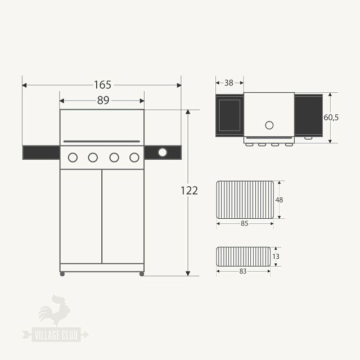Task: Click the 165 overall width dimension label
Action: (x=102, y=85)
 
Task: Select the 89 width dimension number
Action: (x=103, y=101)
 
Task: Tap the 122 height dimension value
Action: (x=189, y=191)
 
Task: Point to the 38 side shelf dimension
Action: (x=229, y=83)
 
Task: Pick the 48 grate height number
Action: (x=279, y=200)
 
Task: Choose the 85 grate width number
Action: (x=245, y=223)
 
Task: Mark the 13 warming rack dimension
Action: (x=275, y=256)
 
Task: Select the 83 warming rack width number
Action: (x=243, y=271)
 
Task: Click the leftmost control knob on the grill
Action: (x=73, y=157)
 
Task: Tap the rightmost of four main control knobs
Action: (x=134, y=157)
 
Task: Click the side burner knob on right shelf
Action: (x=163, y=152)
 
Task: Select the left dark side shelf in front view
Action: (x=40, y=152)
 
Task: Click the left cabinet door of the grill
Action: (x=81, y=215)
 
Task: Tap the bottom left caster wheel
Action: (x=62, y=274)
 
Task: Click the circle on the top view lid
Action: (x=269, y=125)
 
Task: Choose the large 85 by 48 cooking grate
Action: (x=245, y=200)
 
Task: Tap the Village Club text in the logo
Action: (x=56, y=336)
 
